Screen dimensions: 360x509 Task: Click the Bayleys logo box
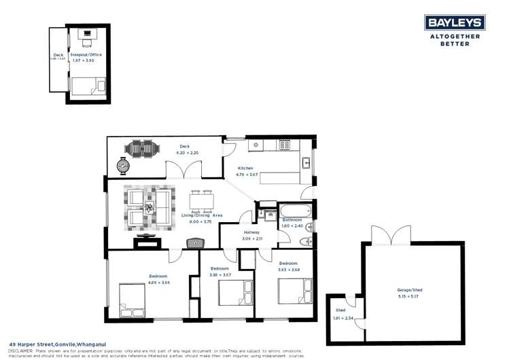click(455, 22)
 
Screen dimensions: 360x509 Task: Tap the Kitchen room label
click(245, 168)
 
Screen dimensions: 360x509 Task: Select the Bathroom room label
click(292, 220)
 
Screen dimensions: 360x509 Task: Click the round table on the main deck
click(123, 165)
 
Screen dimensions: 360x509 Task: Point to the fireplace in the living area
click(194, 242)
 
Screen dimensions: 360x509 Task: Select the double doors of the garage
click(390, 234)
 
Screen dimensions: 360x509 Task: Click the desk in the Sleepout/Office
click(86, 35)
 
